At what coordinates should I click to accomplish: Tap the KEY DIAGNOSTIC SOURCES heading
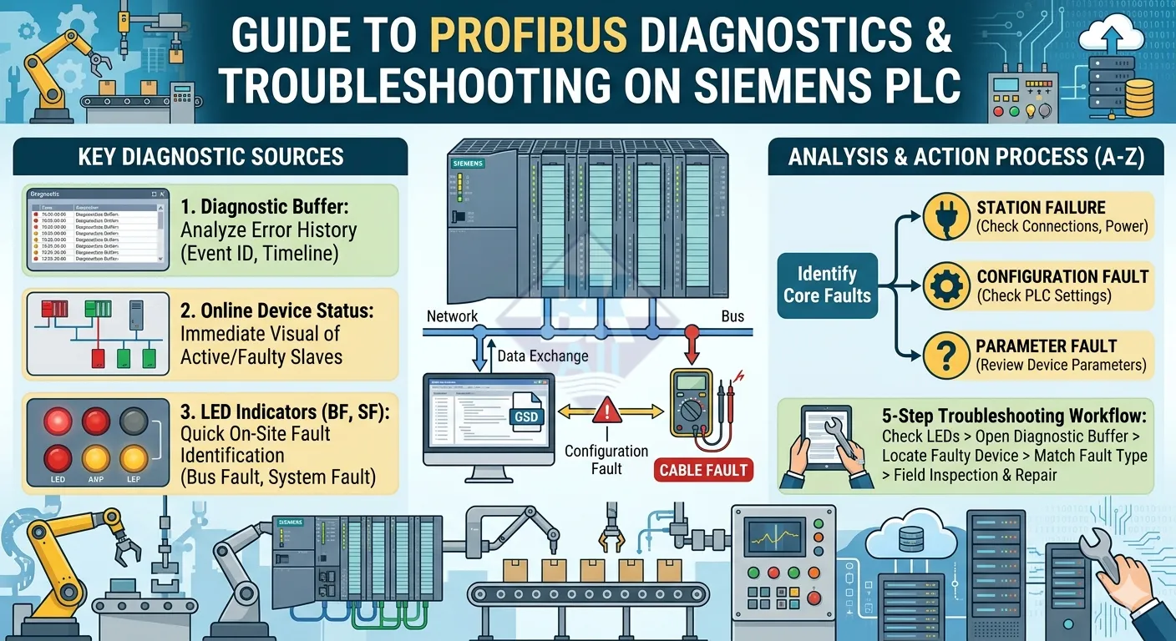coord(210,156)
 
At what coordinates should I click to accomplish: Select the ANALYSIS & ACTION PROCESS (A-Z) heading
coord(966,156)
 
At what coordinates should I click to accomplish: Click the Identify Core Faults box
coord(826,285)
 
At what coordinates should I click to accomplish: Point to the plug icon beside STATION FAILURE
coord(946,217)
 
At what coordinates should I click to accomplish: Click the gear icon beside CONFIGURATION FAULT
coord(946,285)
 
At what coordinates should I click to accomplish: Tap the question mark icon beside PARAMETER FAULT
coord(946,355)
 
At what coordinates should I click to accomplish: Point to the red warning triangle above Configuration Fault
coord(606,410)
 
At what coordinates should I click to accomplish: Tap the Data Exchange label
coord(543,356)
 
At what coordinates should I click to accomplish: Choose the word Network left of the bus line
coord(452,316)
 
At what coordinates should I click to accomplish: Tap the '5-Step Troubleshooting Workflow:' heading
coord(1014,416)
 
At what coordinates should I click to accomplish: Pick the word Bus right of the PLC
coord(732,316)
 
